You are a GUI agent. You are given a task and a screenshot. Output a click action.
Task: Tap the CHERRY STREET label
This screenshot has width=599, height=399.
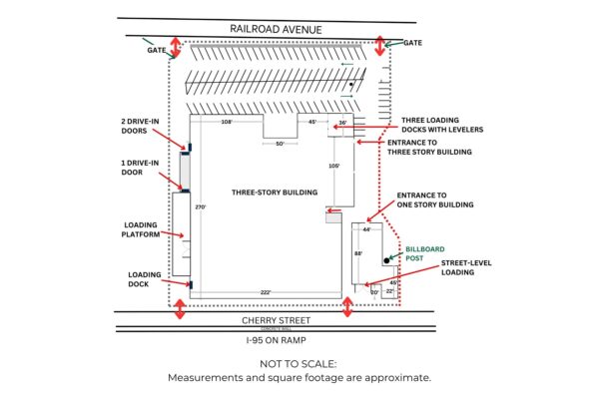tap(277, 320)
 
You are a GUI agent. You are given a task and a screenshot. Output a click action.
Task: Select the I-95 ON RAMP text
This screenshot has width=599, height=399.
tap(277, 339)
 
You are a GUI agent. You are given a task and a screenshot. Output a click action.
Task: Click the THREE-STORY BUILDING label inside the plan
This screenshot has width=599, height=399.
tap(274, 193)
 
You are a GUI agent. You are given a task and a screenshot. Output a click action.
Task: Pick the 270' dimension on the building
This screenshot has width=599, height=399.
tap(199, 207)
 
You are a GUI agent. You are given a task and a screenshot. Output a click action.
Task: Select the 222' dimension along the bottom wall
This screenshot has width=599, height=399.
tap(266, 292)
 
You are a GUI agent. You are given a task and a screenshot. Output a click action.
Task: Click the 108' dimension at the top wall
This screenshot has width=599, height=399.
tap(227, 122)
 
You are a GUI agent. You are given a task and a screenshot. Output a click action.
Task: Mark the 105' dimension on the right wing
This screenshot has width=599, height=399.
tap(334, 166)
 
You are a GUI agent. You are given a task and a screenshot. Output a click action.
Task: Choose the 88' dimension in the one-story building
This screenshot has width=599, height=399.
tap(358, 254)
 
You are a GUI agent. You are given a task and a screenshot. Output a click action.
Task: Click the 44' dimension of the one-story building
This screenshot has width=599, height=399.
tap(366, 230)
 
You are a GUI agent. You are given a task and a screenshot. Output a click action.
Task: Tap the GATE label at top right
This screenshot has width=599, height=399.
tap(413, 43)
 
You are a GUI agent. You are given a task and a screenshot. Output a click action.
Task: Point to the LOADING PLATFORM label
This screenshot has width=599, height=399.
tap(141, 230)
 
